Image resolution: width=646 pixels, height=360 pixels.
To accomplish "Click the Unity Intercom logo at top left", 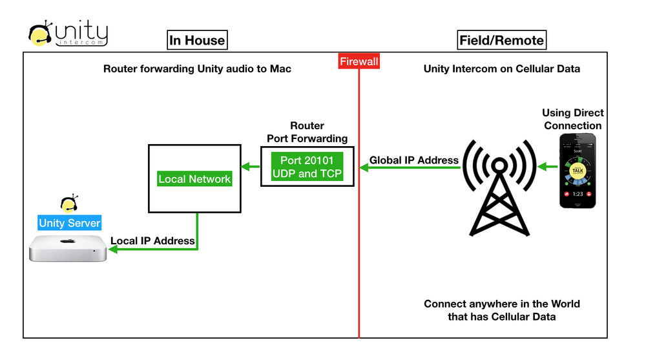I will pyautogui.click(x=68, y=34).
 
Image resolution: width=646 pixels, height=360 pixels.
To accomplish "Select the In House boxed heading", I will pyautogui.click(x=197, y=40).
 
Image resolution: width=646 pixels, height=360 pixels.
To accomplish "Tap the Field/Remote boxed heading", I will pyautogui.click(x=501, y=40).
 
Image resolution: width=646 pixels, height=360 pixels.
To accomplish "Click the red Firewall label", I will pyautogui.click(x=359, y=61).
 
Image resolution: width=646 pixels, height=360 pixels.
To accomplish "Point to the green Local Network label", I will pyautogui.click(x=194, y=179).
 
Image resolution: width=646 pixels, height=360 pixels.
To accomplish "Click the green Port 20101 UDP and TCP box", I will pyautogui.click(x=307, y=167).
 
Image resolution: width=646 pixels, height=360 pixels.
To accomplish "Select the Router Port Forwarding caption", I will pyautogui.click(x=307, y=132).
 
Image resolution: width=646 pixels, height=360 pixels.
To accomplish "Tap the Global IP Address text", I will pyautogui.click(x=414, y=160).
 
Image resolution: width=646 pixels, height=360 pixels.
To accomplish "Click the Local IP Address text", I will pyautogui.click(x=152, y=240).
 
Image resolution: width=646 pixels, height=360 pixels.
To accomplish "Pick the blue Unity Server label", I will pyautogui.click(x=70, y=223).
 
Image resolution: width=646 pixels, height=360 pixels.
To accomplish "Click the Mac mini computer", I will pyautogui.click(x=68, y=248).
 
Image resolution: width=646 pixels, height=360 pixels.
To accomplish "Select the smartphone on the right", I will pyautogui.click(x=578, y=171).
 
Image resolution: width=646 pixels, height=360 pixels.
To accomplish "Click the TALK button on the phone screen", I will pyautogui.click(x=578, y=169).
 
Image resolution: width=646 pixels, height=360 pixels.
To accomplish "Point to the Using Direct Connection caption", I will pyautogui.click(x=572, y=120).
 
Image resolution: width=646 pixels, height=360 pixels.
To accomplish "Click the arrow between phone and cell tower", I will pyautogui.click(x=548, y=167).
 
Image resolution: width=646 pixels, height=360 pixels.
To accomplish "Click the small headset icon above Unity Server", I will pyautogui.click(x=68, y=204).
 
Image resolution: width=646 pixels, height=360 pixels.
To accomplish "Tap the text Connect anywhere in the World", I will pyautogui.click(x=501, y=304).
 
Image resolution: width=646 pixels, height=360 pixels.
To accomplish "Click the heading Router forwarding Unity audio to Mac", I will pyautogui.click(x=197, y=69).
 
